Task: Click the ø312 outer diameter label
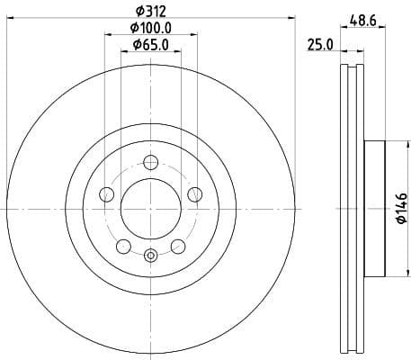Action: coord(150,11)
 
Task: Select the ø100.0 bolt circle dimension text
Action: coord(150,28)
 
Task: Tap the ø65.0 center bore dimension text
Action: coord(150,44)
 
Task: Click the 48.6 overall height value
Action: coord(362,18)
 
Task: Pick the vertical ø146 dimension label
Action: coord(402,210)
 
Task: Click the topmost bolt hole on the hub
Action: coord(150,162)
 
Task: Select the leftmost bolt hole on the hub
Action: coord(107,193)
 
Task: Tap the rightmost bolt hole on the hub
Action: coord(193,193)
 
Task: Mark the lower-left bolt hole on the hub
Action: coord(123,245)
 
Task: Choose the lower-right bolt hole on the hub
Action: coord(177,245)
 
